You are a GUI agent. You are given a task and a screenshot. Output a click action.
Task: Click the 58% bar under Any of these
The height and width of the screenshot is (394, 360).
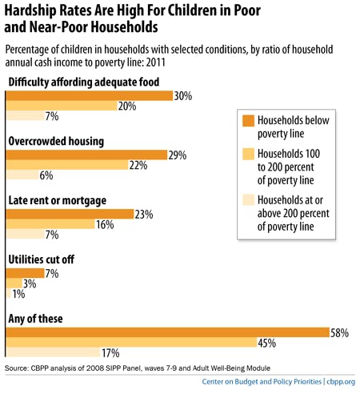(x=168, y=332)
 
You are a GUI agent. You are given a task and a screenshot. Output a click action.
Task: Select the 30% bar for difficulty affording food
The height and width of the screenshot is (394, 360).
(x=90, y=95)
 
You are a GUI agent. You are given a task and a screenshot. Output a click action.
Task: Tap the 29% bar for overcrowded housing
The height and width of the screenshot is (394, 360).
(x=86, y=155)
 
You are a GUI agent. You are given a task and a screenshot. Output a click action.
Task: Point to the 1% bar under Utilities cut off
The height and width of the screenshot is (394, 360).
(x=8, y=294)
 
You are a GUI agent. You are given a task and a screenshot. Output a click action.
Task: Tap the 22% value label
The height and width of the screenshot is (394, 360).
(x=139, y=165)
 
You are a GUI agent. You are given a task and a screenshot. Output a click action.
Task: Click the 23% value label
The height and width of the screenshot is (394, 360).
(x=146, y=214)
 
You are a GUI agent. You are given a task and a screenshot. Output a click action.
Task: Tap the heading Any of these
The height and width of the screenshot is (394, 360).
(x=37, y=319)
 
